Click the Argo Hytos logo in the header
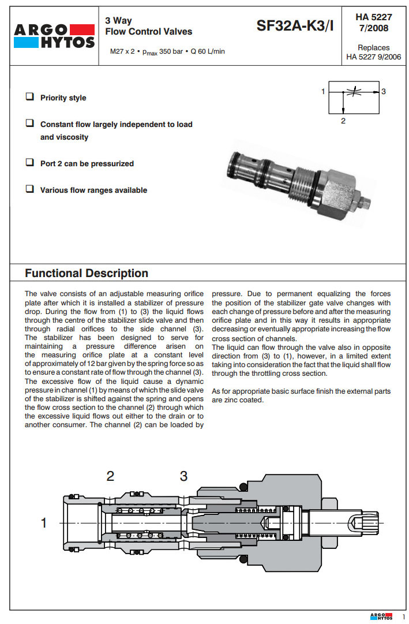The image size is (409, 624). point(55,35)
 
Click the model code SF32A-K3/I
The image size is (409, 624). point(295,25)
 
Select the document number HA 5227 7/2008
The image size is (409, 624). point(373,23)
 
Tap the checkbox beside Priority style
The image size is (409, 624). point(29,97)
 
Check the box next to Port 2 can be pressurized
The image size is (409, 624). point(29,163)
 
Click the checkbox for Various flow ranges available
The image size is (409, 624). point(29,189)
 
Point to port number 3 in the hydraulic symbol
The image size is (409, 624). point(384,91)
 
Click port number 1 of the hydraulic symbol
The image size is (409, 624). point(323,91)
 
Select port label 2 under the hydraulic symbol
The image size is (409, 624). point(343,121)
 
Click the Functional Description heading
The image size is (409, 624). point(87,273)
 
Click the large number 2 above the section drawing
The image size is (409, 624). point(110,476)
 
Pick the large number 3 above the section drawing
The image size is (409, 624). point(183,476)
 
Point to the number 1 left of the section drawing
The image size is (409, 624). point(43,523)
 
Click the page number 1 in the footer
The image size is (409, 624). point(403,617)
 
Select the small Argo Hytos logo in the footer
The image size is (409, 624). point(381,616)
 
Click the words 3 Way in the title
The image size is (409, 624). point(118,21)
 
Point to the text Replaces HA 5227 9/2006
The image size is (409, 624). point(373,52)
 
